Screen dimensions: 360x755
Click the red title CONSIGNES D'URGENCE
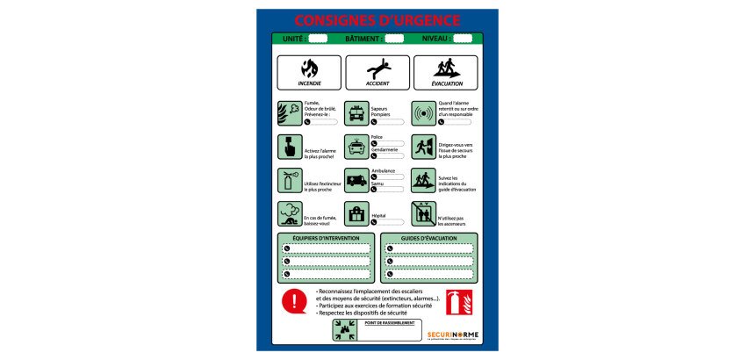377,20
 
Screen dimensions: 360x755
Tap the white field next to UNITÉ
318,39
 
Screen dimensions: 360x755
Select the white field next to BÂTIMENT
394,39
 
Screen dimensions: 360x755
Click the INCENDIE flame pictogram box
309,72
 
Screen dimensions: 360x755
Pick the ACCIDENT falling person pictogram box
377,72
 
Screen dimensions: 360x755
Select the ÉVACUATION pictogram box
446,72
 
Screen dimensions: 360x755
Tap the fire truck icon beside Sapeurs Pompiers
356,113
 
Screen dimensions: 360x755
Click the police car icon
356,146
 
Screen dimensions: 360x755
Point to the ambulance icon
356,180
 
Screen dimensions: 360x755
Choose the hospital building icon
356,214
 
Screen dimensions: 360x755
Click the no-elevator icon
424,214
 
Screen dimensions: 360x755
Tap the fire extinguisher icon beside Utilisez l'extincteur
289,180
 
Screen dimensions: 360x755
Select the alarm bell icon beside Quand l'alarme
424,113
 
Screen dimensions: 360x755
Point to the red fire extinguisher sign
458,302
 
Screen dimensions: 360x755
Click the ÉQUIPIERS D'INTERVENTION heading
326,238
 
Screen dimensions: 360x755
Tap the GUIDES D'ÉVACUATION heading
429,238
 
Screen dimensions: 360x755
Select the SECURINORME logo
452,335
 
